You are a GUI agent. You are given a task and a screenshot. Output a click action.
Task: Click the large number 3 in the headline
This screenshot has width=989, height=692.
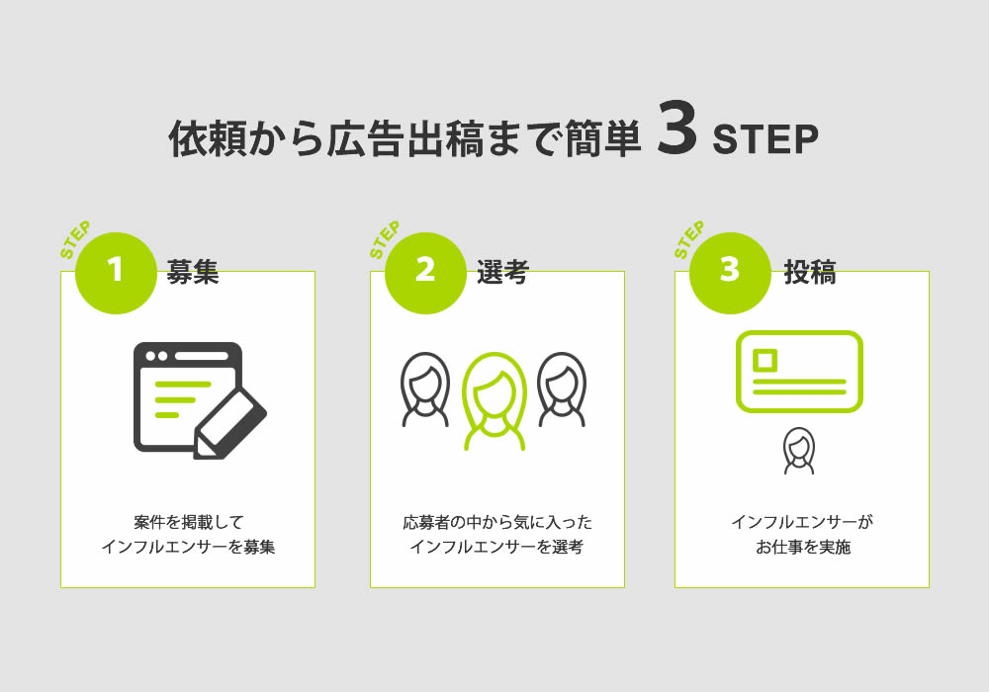tap(676, 128)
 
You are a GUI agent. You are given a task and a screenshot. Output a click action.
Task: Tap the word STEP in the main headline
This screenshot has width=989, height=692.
tap(765, 139)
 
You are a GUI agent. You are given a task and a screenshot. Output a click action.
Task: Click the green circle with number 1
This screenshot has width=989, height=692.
tap(116, 273)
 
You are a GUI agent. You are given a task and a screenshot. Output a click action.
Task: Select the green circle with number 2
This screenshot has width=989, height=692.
tap(425, 273)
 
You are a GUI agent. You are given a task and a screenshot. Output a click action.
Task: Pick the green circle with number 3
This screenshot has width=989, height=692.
tap(730, 273)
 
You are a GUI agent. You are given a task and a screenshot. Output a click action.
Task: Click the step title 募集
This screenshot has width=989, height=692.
tap(193, 272)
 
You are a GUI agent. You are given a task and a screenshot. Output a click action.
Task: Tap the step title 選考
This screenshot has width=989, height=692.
tap(502, 272)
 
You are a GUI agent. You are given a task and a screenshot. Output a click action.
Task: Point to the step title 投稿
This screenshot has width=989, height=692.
tap(810, 272)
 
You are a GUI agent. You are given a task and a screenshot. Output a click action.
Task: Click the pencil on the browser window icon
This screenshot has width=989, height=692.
tap(229, 423)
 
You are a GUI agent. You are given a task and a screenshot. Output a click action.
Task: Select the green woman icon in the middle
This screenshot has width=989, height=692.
tap(494, 401)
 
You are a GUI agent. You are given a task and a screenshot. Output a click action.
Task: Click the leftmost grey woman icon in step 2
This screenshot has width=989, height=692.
tap(425, 389)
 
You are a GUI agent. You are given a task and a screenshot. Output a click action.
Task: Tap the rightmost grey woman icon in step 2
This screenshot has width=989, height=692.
tap(562, 389)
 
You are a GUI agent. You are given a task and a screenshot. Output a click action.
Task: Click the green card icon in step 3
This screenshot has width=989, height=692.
tap(799, 372)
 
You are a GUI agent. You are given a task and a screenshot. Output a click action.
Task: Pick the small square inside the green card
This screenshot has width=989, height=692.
tap(765, 361)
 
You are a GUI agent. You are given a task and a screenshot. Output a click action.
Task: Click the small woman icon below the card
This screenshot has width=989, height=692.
tap(799, 451)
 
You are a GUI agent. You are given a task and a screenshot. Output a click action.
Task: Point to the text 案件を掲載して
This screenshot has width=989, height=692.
tap(188, 523)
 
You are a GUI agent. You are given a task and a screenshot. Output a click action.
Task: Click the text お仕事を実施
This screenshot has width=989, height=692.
tap(803, 547)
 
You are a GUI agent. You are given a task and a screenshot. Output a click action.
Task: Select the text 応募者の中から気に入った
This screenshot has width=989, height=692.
tap(497, 523)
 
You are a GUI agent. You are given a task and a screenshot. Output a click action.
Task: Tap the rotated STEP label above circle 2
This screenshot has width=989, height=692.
tap(384, 239)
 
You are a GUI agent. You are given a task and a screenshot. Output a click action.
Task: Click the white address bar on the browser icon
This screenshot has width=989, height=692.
tap(201, 356)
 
